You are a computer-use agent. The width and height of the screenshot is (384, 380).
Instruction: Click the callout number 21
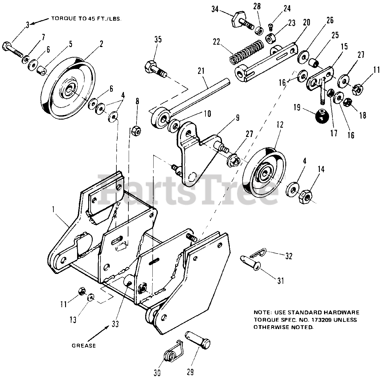pyautogui.click(x=201, y=71)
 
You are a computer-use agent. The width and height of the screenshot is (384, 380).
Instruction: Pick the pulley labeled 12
pyautogui.click(x=264, y=173)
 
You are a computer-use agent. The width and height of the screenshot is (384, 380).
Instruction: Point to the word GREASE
pyautogui.click(x=84, y=346)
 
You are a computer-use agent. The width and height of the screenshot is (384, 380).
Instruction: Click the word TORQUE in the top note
pyautogui.click(x=62, y=18)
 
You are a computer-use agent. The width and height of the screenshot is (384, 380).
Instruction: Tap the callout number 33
pyautogui.click(x=115, y=324)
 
